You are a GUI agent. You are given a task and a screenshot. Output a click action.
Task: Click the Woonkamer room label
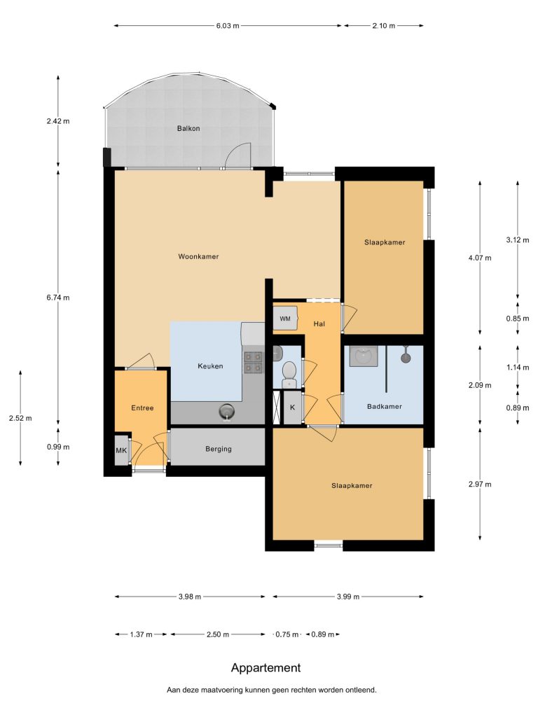198,256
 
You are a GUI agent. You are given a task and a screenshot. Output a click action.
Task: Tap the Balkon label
188,129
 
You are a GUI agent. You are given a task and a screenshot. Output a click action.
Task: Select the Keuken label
210,366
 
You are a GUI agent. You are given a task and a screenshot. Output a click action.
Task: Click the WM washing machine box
285,319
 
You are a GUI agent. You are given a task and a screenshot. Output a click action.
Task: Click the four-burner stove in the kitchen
253,362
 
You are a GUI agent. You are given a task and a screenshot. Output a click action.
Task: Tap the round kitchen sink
226,412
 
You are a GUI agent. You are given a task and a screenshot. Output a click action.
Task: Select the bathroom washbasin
364,356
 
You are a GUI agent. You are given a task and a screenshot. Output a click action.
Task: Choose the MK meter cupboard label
121,450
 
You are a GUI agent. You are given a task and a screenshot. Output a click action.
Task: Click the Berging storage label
219,449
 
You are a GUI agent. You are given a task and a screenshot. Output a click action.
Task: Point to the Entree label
142,408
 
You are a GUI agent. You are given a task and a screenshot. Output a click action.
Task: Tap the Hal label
319,323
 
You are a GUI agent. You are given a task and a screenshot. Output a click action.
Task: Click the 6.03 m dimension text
228,26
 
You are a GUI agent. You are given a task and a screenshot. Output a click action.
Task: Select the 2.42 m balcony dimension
58,121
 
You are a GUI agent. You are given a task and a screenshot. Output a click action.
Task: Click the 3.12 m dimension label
518,239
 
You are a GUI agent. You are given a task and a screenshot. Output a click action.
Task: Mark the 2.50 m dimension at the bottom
218,634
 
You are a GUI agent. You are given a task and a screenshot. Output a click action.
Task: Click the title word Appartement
265,668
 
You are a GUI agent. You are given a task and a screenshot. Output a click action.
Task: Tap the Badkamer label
385,406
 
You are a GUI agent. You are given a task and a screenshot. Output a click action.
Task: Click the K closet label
293,407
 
